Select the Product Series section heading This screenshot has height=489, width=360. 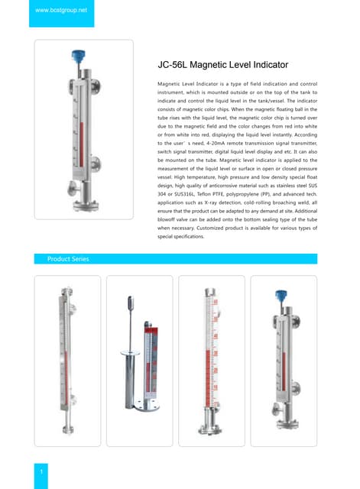tap(68, 259)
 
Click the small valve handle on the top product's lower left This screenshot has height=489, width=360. tap(70, 188)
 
